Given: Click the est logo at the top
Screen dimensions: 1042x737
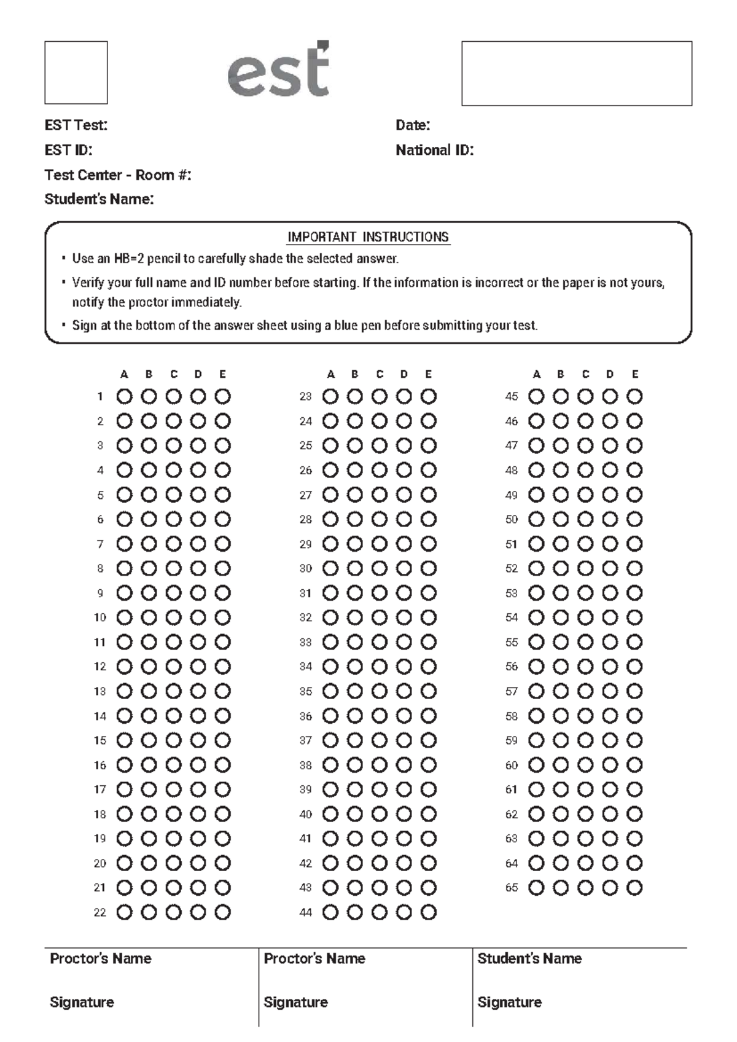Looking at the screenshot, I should tap(279, 70).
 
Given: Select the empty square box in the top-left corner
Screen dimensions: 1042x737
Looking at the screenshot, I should tap(76, 72).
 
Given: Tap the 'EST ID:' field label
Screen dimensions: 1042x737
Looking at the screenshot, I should tap(68, 150).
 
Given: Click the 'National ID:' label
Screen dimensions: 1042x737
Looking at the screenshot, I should tap(434, 150).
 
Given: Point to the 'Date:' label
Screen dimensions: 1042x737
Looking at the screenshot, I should tap(413, 125).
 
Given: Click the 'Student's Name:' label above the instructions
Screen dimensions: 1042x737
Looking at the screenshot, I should tap(99, 199).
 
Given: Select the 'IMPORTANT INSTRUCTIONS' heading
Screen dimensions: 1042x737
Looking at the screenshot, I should tap(368, 237).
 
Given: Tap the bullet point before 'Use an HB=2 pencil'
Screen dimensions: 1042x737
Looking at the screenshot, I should tap(63, 259).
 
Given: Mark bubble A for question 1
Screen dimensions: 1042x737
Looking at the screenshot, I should tap(124, 396).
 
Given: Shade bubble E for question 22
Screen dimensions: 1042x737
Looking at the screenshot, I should tap(222, 912).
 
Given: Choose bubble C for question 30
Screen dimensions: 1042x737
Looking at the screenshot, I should tap(380, 568).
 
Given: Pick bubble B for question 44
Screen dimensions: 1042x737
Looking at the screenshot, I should tap(355, 912).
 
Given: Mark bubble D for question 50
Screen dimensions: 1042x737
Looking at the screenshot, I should tap(610, 519).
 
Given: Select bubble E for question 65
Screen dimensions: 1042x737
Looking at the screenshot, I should tap(634, 888).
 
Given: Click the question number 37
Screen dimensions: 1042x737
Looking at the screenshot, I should tap(306, 740).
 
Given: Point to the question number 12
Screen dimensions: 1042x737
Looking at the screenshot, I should tap(99, 667).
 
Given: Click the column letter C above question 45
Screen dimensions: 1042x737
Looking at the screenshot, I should tap(585, 374).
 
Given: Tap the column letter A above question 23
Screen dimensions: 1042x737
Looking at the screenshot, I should tap(330, 374).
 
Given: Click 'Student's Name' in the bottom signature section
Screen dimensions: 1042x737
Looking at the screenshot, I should tap(529, 958).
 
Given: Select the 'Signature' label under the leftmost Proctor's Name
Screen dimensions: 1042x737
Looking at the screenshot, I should tap(82, 1002).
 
